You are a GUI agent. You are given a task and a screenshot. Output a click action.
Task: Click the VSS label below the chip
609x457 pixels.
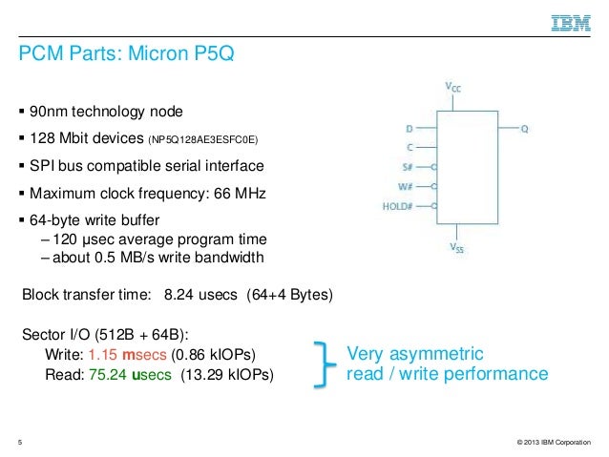[x=457, y=249]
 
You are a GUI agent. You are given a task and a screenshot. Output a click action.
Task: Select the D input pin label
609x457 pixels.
[x=409, y=127]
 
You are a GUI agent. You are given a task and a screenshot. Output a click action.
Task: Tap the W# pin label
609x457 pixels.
[x=406, y=185]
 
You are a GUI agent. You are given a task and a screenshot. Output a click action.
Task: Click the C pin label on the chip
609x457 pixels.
[x=409, y=147]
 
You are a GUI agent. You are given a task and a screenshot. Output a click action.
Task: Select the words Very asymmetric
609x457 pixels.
[x=415, y=352]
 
